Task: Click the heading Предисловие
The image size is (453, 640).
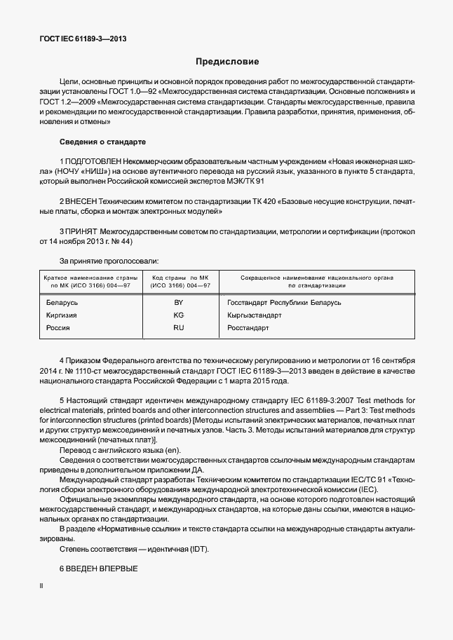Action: (x=226, y=62)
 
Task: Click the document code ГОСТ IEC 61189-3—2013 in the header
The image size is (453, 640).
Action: (x=83, y=40)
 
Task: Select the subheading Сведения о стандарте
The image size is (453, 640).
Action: (x=102, y=141)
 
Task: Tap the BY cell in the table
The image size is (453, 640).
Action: (x=178, y=302)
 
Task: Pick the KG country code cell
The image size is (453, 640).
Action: (x=178, y=315)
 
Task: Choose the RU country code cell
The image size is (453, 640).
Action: (x=178, y=327)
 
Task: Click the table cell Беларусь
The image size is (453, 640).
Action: (x=62, y=302)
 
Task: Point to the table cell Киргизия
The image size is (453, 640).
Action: (x=61, y=315)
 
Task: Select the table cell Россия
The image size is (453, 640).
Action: (x=58, y=327)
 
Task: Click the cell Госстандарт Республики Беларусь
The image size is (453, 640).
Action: (x=284, y=302)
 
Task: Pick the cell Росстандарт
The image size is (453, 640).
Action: (x=248, y=327)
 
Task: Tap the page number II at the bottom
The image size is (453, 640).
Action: (x=41, y=585)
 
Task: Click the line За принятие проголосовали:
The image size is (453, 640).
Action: (x=109, y=261)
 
